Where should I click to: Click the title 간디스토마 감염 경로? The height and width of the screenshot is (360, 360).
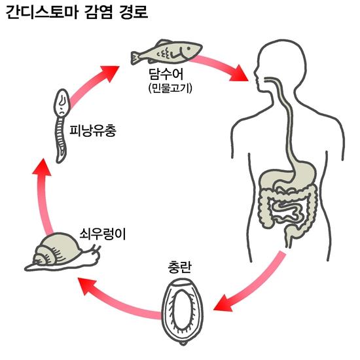[x=77, y=12]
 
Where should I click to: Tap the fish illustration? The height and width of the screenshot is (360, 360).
[x=166, y=52]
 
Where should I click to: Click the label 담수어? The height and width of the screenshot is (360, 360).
[x=166, y=74]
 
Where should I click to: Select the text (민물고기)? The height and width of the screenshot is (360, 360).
[x=170, y=88]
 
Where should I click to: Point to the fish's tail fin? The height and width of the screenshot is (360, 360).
[x=136, y=58]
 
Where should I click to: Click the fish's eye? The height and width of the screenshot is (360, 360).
[x=189, y=48]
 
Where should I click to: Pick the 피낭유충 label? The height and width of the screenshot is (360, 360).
[x=93, y=131]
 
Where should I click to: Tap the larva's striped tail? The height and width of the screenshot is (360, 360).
[x=61, y=141]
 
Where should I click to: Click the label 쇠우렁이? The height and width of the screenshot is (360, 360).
[x=102, y=234]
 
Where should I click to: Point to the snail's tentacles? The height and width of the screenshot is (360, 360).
[x=96, y=249]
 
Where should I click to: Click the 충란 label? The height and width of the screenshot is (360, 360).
[x=179, y=268]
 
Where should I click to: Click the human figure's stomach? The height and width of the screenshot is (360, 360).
[x=291, y=174]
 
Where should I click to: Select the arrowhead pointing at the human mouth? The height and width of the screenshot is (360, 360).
[x=239, y=73]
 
